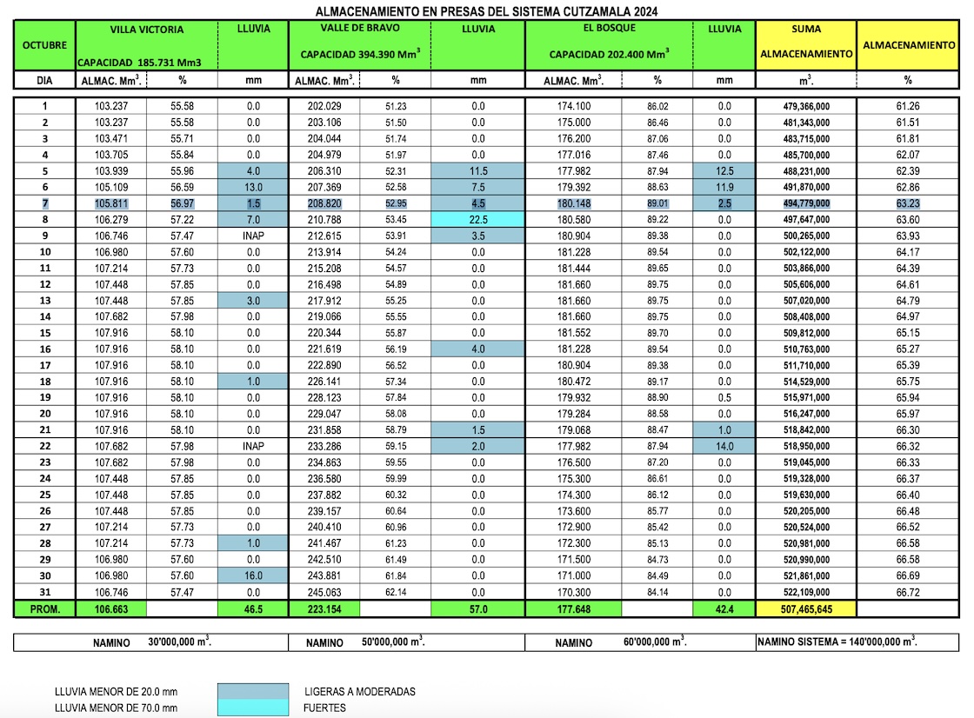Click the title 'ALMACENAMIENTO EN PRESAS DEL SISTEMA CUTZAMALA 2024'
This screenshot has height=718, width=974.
[x=486, y=11]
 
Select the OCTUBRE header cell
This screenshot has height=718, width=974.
[x=44, y=45]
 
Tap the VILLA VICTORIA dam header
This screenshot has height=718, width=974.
[x=147, y=30]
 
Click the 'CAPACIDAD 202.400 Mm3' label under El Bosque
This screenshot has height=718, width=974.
[x=609, y=54]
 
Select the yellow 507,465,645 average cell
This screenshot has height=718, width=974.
[x=806, y=609]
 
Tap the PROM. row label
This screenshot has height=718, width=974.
[x=44, y=609]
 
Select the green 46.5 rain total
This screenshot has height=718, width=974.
[x=253, y=609]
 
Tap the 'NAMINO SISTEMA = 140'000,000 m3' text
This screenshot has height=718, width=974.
[x=837, y=642]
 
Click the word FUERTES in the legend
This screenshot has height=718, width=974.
[x=325, y=708]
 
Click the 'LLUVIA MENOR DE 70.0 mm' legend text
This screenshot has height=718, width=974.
[x=116, y=708]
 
